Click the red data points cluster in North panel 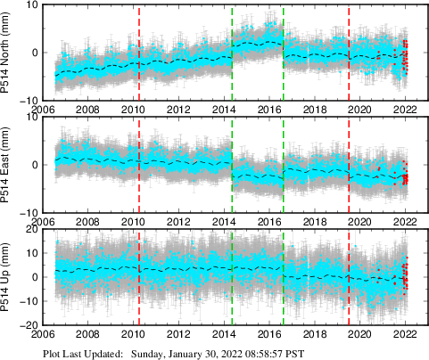pos(404,58)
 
